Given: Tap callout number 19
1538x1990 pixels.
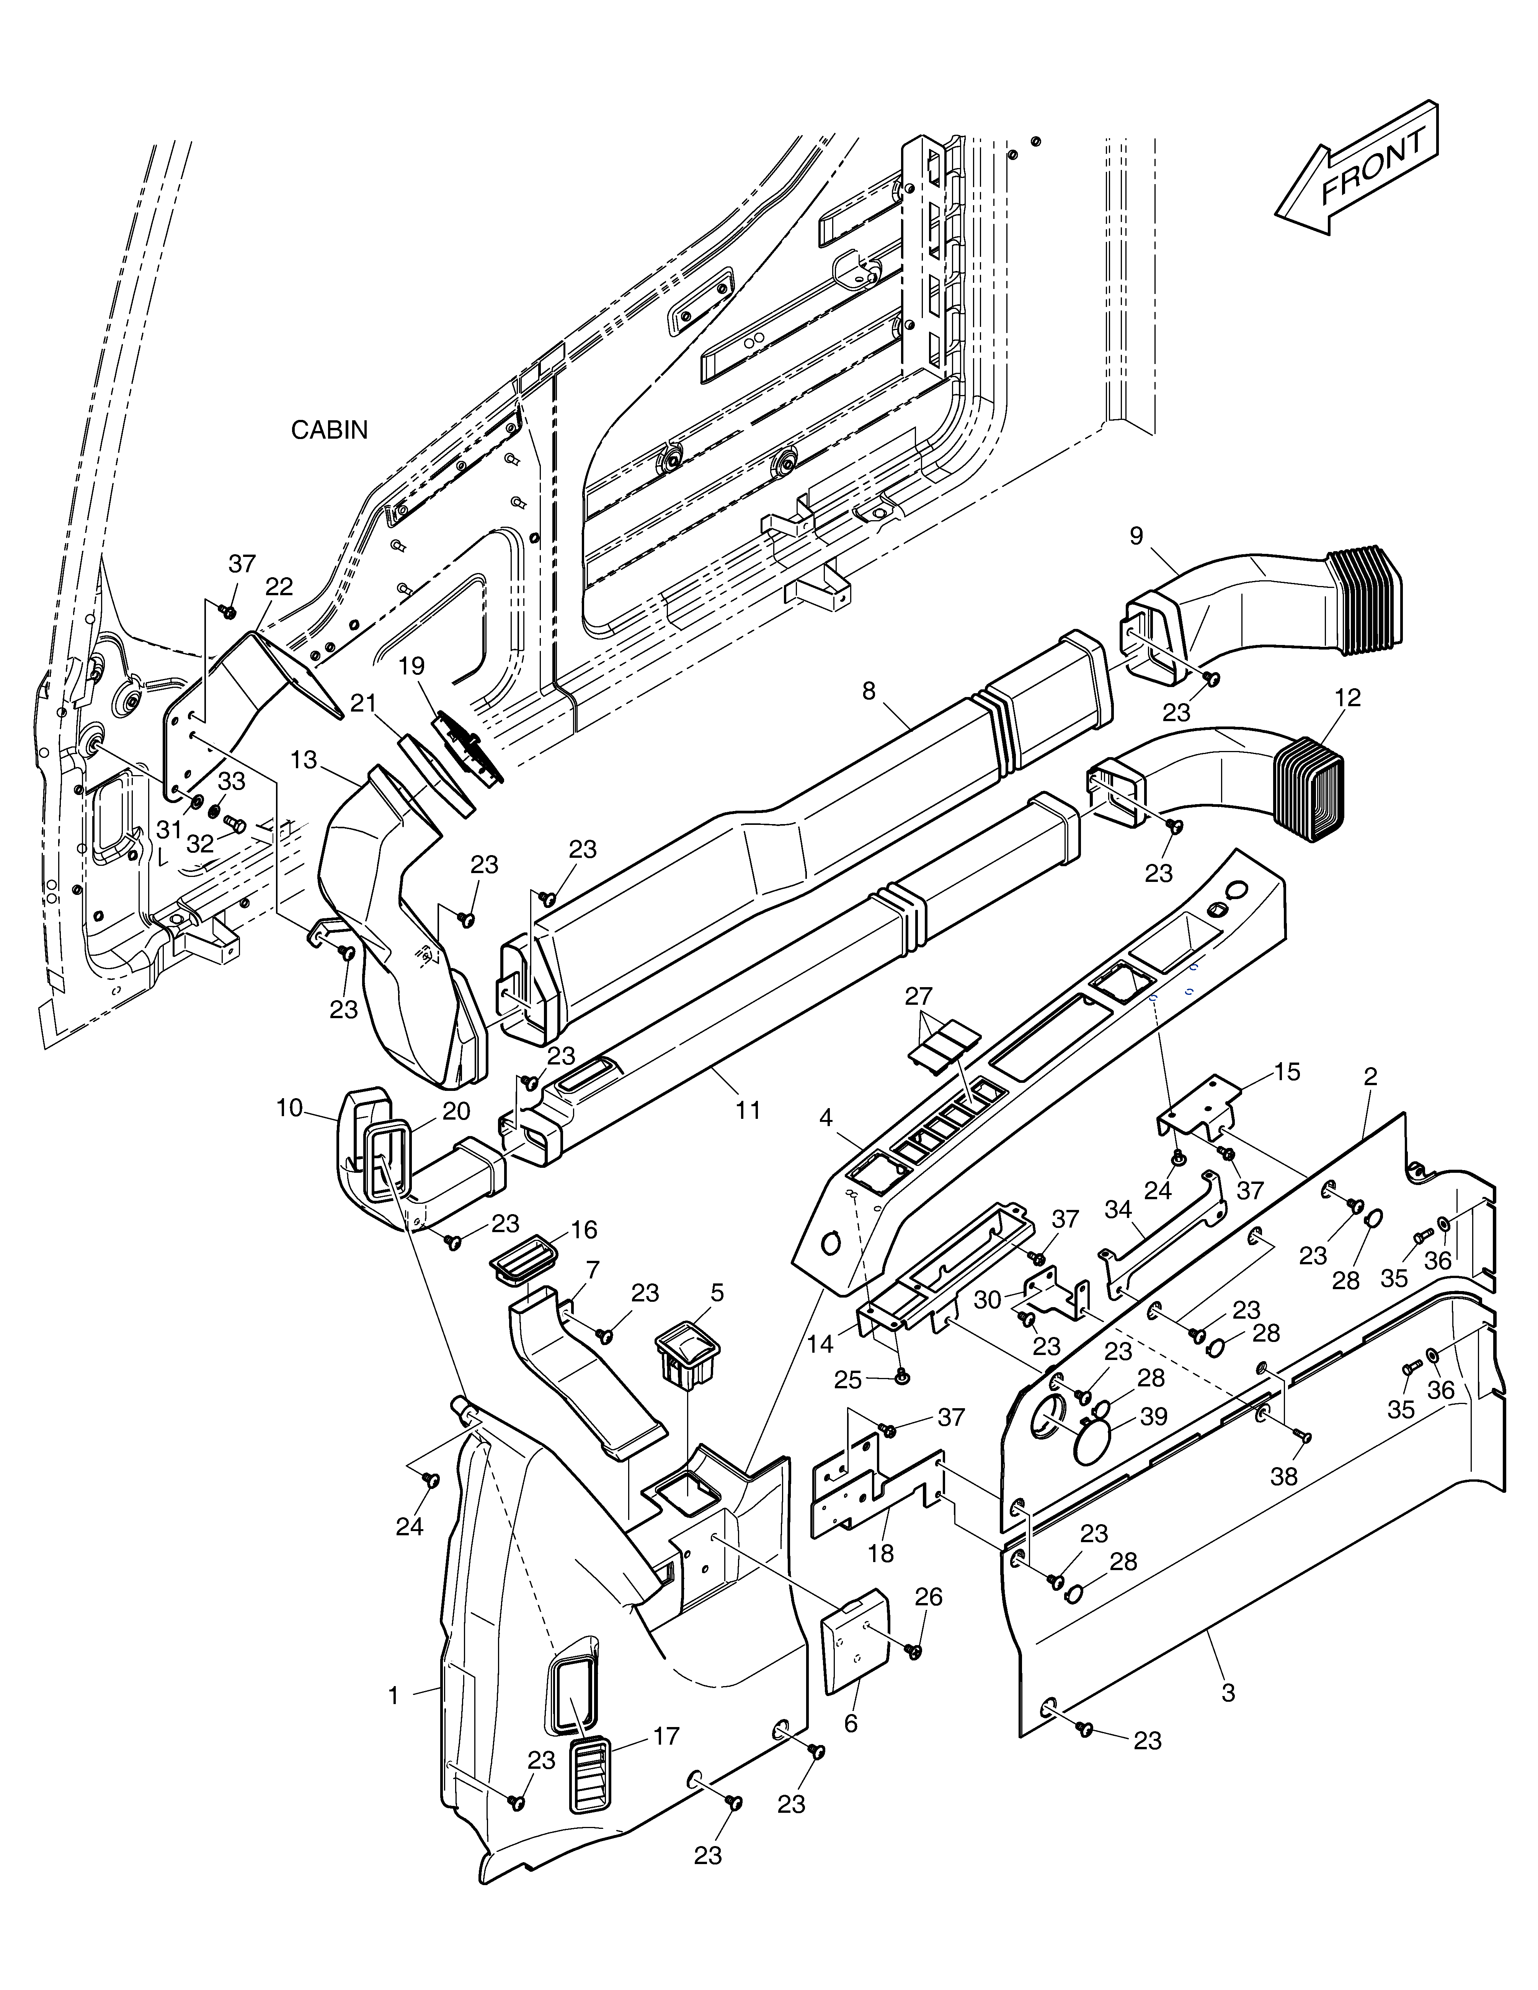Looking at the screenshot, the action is (412, 666).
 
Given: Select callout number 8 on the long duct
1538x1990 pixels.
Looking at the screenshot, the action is (868, 691).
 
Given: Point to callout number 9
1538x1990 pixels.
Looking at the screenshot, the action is (1136, 536).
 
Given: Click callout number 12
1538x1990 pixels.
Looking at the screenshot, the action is (1348, 698).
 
